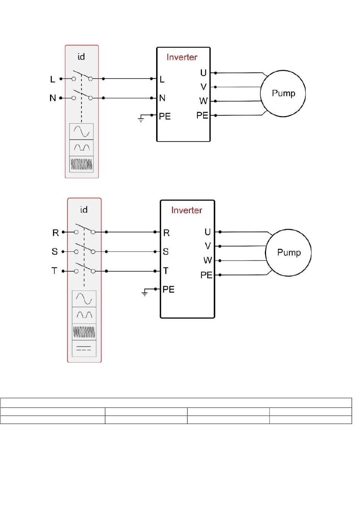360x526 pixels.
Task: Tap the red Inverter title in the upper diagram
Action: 182,57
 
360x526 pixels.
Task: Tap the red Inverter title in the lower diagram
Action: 186,210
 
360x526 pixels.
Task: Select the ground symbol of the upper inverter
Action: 141,118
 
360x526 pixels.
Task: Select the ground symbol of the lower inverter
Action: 145,292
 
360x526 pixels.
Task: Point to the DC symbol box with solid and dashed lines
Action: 84,348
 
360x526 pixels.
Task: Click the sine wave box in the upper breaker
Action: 81,132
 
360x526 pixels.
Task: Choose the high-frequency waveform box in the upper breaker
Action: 81,164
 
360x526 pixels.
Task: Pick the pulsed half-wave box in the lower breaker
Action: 84,315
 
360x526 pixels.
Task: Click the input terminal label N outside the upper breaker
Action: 53,98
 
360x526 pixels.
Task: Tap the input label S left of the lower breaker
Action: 55,251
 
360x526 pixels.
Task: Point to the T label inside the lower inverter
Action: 166,271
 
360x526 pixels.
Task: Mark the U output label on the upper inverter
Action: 203,73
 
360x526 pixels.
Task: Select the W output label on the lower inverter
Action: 208,260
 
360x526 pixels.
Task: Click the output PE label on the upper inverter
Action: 202,115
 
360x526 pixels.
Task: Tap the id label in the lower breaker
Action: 84,209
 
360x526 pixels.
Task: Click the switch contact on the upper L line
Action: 82,75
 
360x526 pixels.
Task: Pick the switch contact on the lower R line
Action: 85,228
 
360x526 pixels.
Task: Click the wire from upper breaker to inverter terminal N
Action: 127,98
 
